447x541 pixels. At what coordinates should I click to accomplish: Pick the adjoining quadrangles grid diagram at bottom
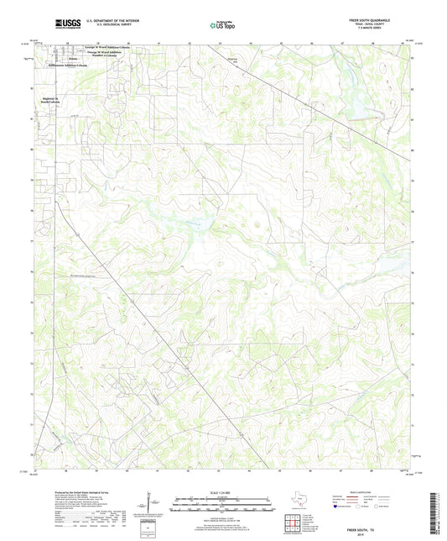(294, 522)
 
